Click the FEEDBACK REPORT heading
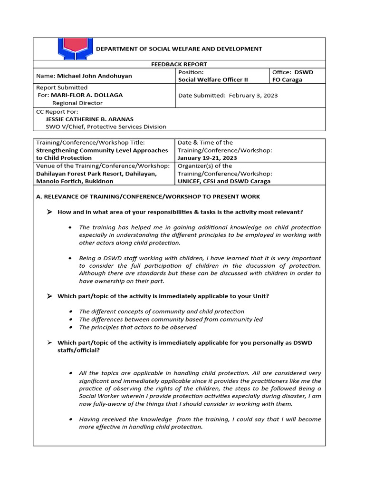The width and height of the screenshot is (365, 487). [179, 64]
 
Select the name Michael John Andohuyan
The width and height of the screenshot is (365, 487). [95, 76]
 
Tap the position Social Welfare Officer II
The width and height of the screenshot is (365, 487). [213, 80]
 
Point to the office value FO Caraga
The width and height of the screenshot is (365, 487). [287, 80]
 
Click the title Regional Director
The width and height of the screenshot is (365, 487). [77, 103]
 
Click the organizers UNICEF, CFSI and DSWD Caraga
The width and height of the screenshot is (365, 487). [224, 181]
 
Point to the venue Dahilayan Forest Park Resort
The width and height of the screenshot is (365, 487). [83, 174]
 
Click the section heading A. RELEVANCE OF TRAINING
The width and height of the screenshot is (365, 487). [148, 196]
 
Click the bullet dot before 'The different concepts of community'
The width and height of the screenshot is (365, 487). [70, 312]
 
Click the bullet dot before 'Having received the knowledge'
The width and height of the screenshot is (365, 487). [70, 419]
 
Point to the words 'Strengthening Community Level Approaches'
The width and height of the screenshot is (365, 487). [102, 150]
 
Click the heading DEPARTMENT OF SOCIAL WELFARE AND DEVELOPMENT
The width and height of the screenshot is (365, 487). [179, 49]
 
